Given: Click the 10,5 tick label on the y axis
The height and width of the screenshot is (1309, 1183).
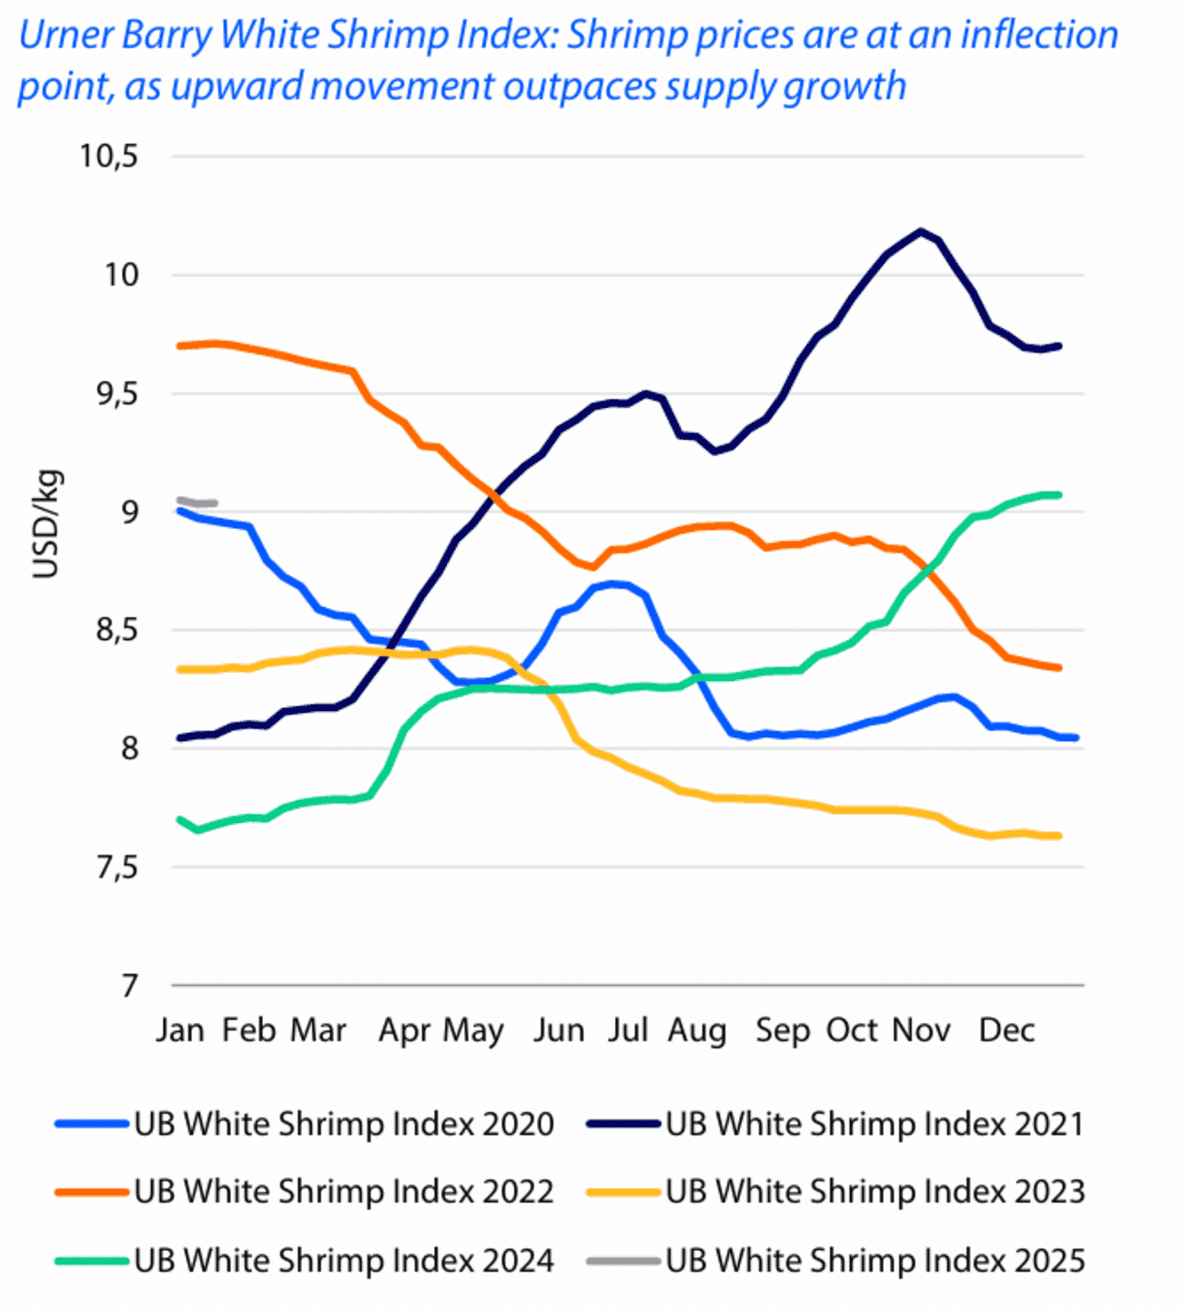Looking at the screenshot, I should (x=108, y=157).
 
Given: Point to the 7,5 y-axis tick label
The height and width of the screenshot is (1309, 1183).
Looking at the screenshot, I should (x=116, y=868).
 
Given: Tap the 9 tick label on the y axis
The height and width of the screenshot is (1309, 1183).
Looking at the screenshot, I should (x=129, y=512).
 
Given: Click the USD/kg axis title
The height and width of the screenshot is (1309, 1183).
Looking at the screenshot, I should (x=45, y=524).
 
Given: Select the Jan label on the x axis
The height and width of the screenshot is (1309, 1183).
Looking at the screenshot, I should (x=179, y=1030).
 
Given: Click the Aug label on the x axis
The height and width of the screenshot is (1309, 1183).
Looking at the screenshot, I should (x=697, y=1030).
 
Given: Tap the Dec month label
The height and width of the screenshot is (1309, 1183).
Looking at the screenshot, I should (x=1006, y=1030).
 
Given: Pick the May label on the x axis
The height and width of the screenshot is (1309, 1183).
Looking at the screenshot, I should (x=473, y=1031).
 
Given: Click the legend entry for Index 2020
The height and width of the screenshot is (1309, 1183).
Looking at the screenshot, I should (x=343, y=1124).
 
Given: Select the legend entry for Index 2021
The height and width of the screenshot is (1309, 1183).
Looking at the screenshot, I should (x=875, y=1124).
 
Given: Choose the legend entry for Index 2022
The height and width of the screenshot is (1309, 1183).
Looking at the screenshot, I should (x=343, y=1192).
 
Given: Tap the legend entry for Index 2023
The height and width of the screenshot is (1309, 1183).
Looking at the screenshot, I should (x=875, y=1192).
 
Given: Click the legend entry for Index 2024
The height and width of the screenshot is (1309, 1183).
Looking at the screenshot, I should (x=343, y=1261).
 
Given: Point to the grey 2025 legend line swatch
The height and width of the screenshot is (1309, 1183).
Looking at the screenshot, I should (x=622, y=1261).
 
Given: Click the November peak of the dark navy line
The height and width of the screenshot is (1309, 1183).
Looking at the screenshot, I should (x=921, y=231).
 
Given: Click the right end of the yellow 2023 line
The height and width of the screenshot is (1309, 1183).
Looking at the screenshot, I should (x=1058, y=836).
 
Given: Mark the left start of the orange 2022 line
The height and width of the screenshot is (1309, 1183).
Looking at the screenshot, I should (x=180, y=346).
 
